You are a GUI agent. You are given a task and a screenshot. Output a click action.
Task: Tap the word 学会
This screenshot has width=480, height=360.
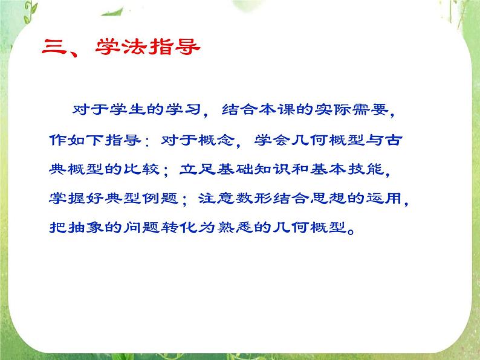click(x=261, y=140)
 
